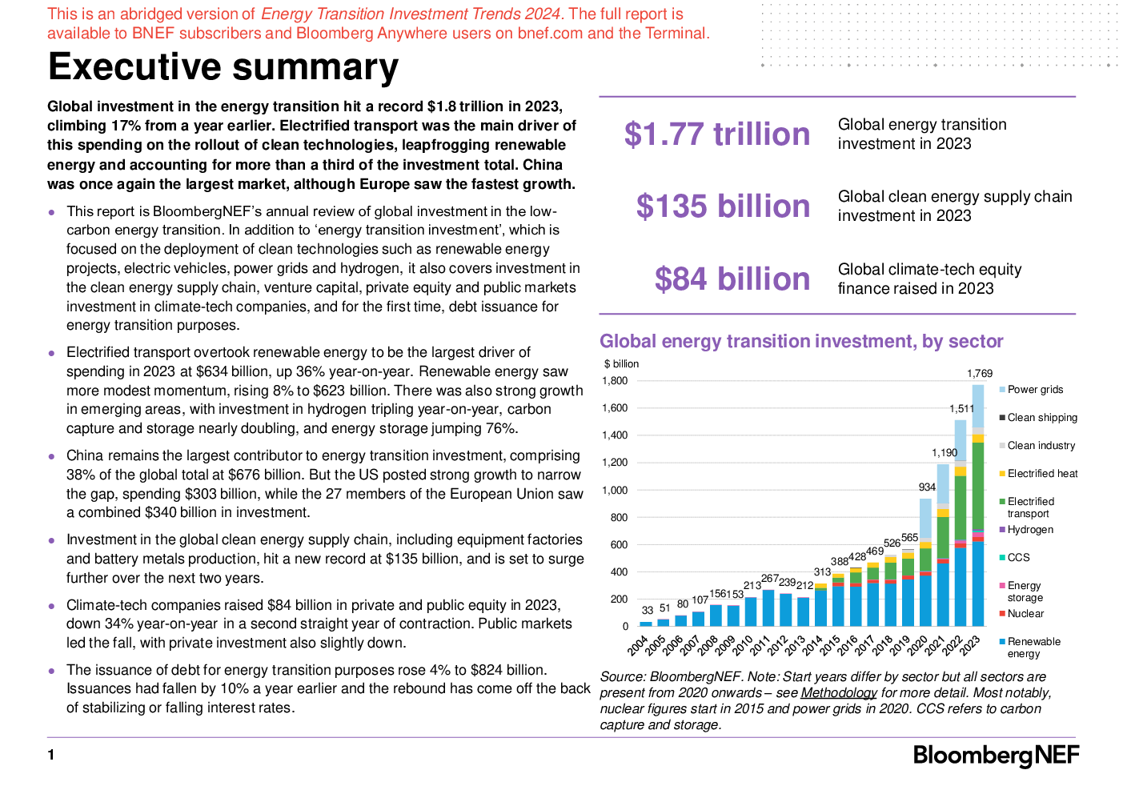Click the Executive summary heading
click(x=223, y=67)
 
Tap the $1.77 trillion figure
click(x=717, y=134)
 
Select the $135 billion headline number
click(x=723, y=206)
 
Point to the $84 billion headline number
click(x=732, y=279)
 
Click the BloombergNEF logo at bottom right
click(x=996, y=756)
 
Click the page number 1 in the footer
click(x=50, y=755)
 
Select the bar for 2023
click(x=977, y=505)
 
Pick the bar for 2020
click(x=925, y=563)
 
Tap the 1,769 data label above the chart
click(x=979, y=374)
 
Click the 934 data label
click(x=927, y=487)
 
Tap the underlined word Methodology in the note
click(x=839, y=692)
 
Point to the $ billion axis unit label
click(x=621, y=364)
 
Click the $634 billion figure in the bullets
click(x=227, y=371)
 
